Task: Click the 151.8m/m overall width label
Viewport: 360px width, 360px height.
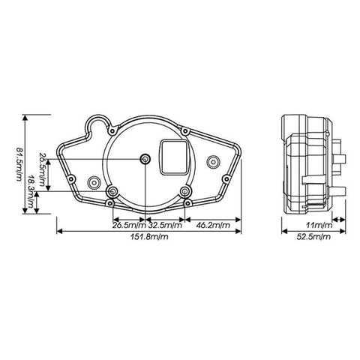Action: tap(149, 236)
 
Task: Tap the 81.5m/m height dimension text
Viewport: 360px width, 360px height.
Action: tap(19, 164)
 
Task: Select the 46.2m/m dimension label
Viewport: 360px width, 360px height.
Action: tap(213, 225)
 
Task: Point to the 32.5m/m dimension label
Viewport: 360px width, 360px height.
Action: tap(165, 225)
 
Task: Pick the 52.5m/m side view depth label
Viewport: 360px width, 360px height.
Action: tap(313, 236)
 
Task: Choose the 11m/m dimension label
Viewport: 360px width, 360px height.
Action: tap(319, 225)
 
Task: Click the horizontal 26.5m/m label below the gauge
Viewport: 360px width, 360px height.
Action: tap(129, 225)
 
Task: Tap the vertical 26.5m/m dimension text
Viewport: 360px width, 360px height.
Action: tap(43, 169)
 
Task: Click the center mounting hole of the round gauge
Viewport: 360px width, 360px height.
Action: tap(145, 159)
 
